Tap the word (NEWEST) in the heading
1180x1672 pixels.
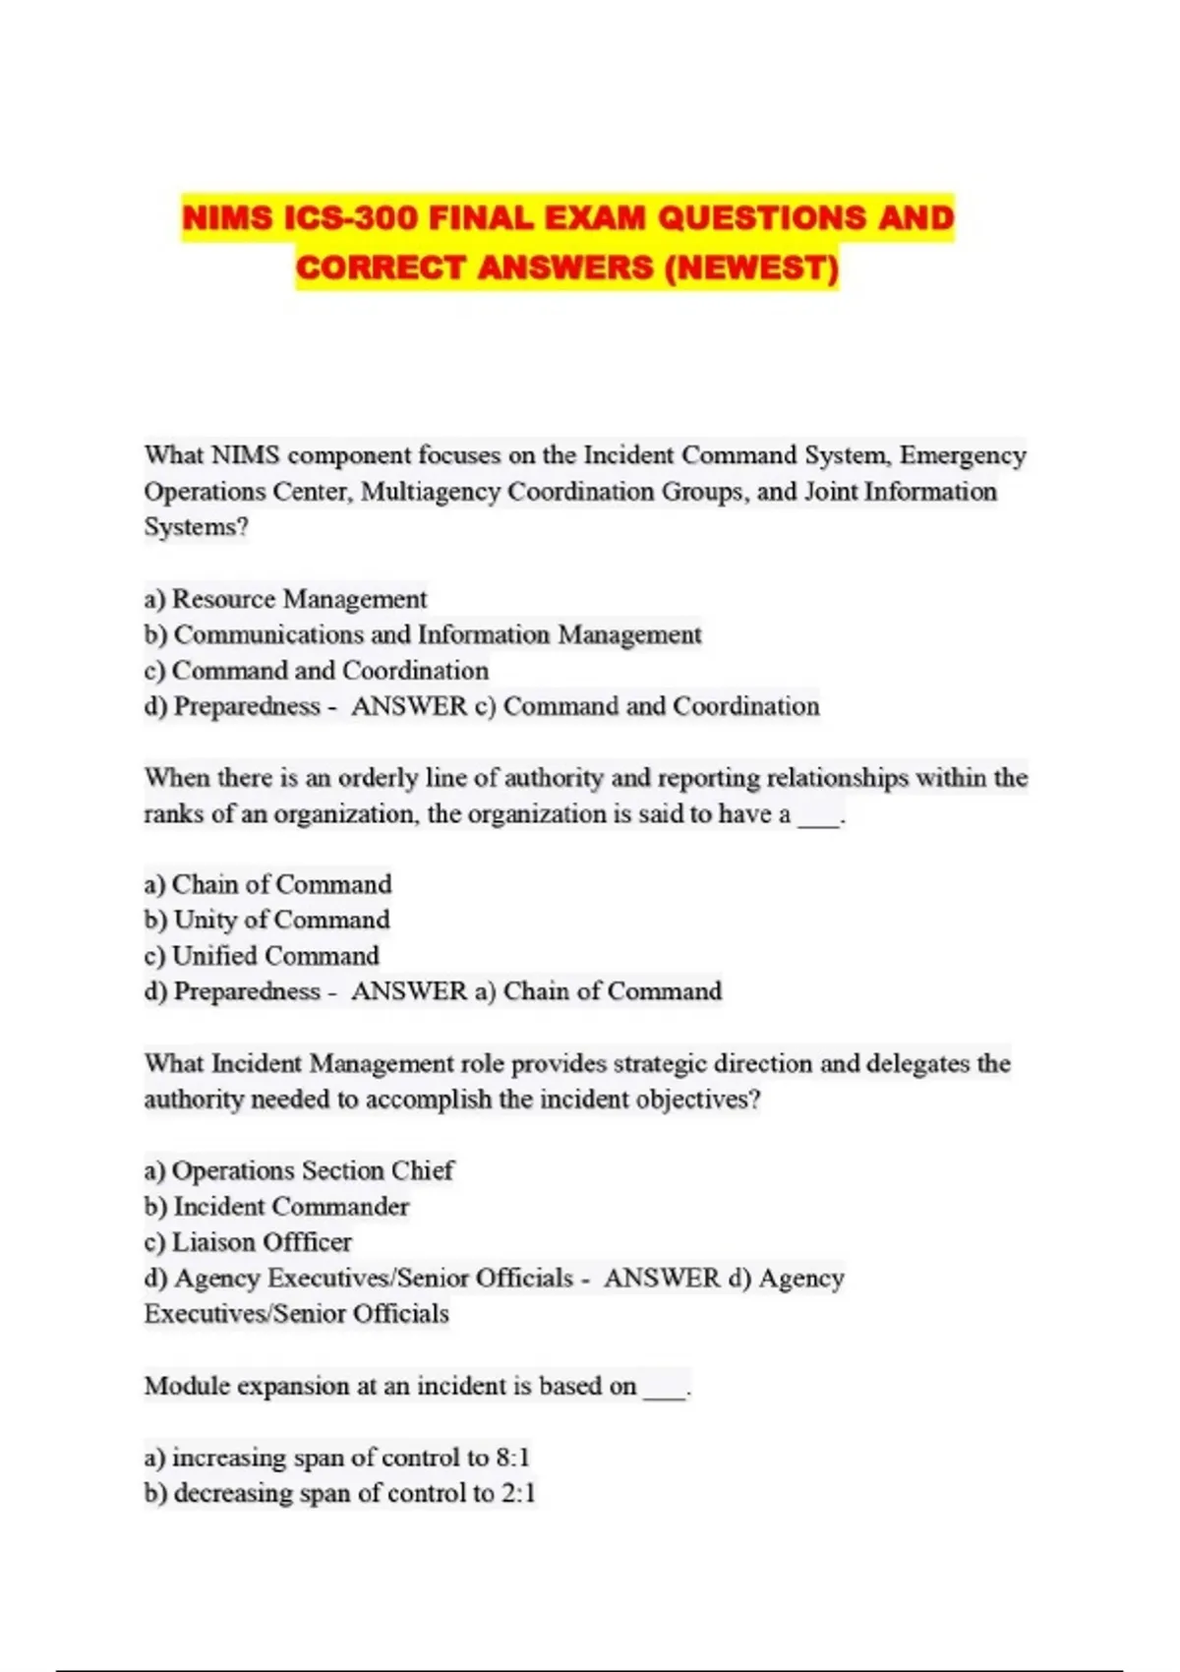point(751,267)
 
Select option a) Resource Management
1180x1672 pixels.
point(285,599)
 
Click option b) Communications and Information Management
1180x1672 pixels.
point(423,634)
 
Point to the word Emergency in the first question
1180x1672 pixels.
point(963,455)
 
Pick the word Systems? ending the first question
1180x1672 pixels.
point(196,527)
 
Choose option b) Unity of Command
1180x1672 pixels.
point(266,920)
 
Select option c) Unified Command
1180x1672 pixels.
point(262,956)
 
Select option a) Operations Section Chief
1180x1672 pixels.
point(299,1170)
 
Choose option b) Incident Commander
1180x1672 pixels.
point(276,1207)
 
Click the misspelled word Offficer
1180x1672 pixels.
point(307,1242)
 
